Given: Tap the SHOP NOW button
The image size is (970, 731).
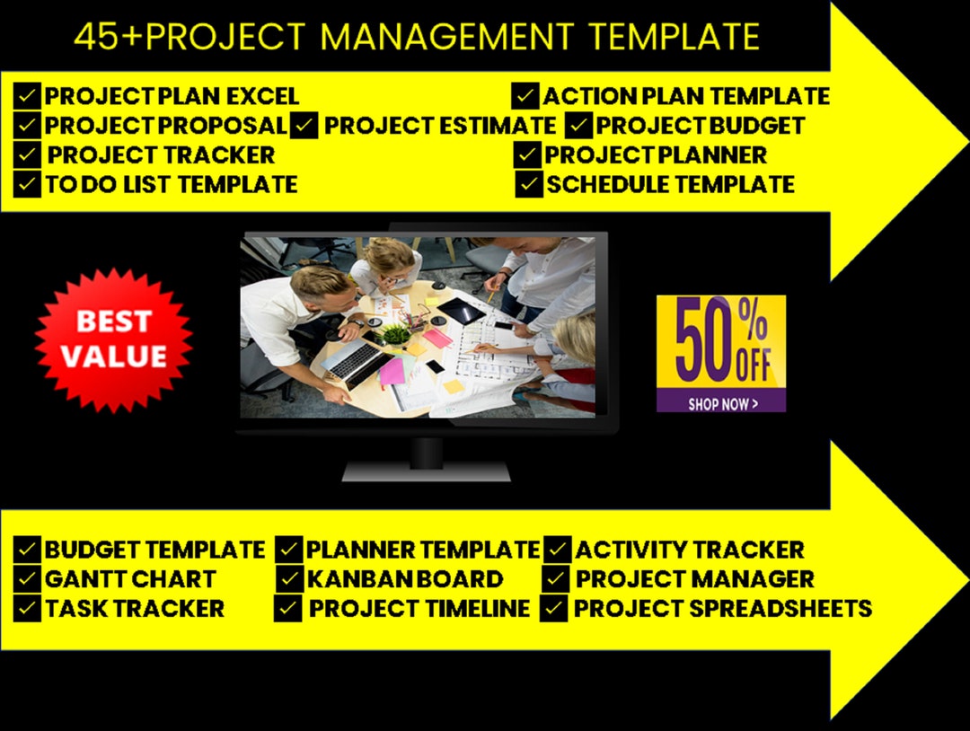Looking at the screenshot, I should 721,403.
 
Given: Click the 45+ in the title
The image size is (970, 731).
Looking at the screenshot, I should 106,37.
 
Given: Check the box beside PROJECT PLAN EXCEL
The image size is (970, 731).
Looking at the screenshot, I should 28,95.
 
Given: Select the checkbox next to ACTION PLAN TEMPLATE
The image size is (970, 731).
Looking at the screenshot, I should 525,95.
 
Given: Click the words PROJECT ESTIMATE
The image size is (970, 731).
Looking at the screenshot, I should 439,126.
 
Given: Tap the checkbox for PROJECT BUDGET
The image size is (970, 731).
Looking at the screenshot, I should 579,126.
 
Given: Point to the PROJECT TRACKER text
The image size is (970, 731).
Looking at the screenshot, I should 161,155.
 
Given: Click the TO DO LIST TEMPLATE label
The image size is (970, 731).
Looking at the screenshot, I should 171,185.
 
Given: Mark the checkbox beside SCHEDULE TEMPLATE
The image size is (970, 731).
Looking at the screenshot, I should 529,185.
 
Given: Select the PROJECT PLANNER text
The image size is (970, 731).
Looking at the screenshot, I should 656,155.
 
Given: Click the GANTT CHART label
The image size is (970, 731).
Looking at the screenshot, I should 130,579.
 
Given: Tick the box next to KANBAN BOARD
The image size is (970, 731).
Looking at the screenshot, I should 289,579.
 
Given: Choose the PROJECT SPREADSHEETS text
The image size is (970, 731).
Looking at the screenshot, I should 722,609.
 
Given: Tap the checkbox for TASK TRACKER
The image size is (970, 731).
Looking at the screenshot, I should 28,609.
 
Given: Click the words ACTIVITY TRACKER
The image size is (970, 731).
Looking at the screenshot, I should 689,550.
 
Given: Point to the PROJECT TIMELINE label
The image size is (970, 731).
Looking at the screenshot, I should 419,609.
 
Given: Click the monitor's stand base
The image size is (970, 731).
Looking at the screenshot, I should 426,471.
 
